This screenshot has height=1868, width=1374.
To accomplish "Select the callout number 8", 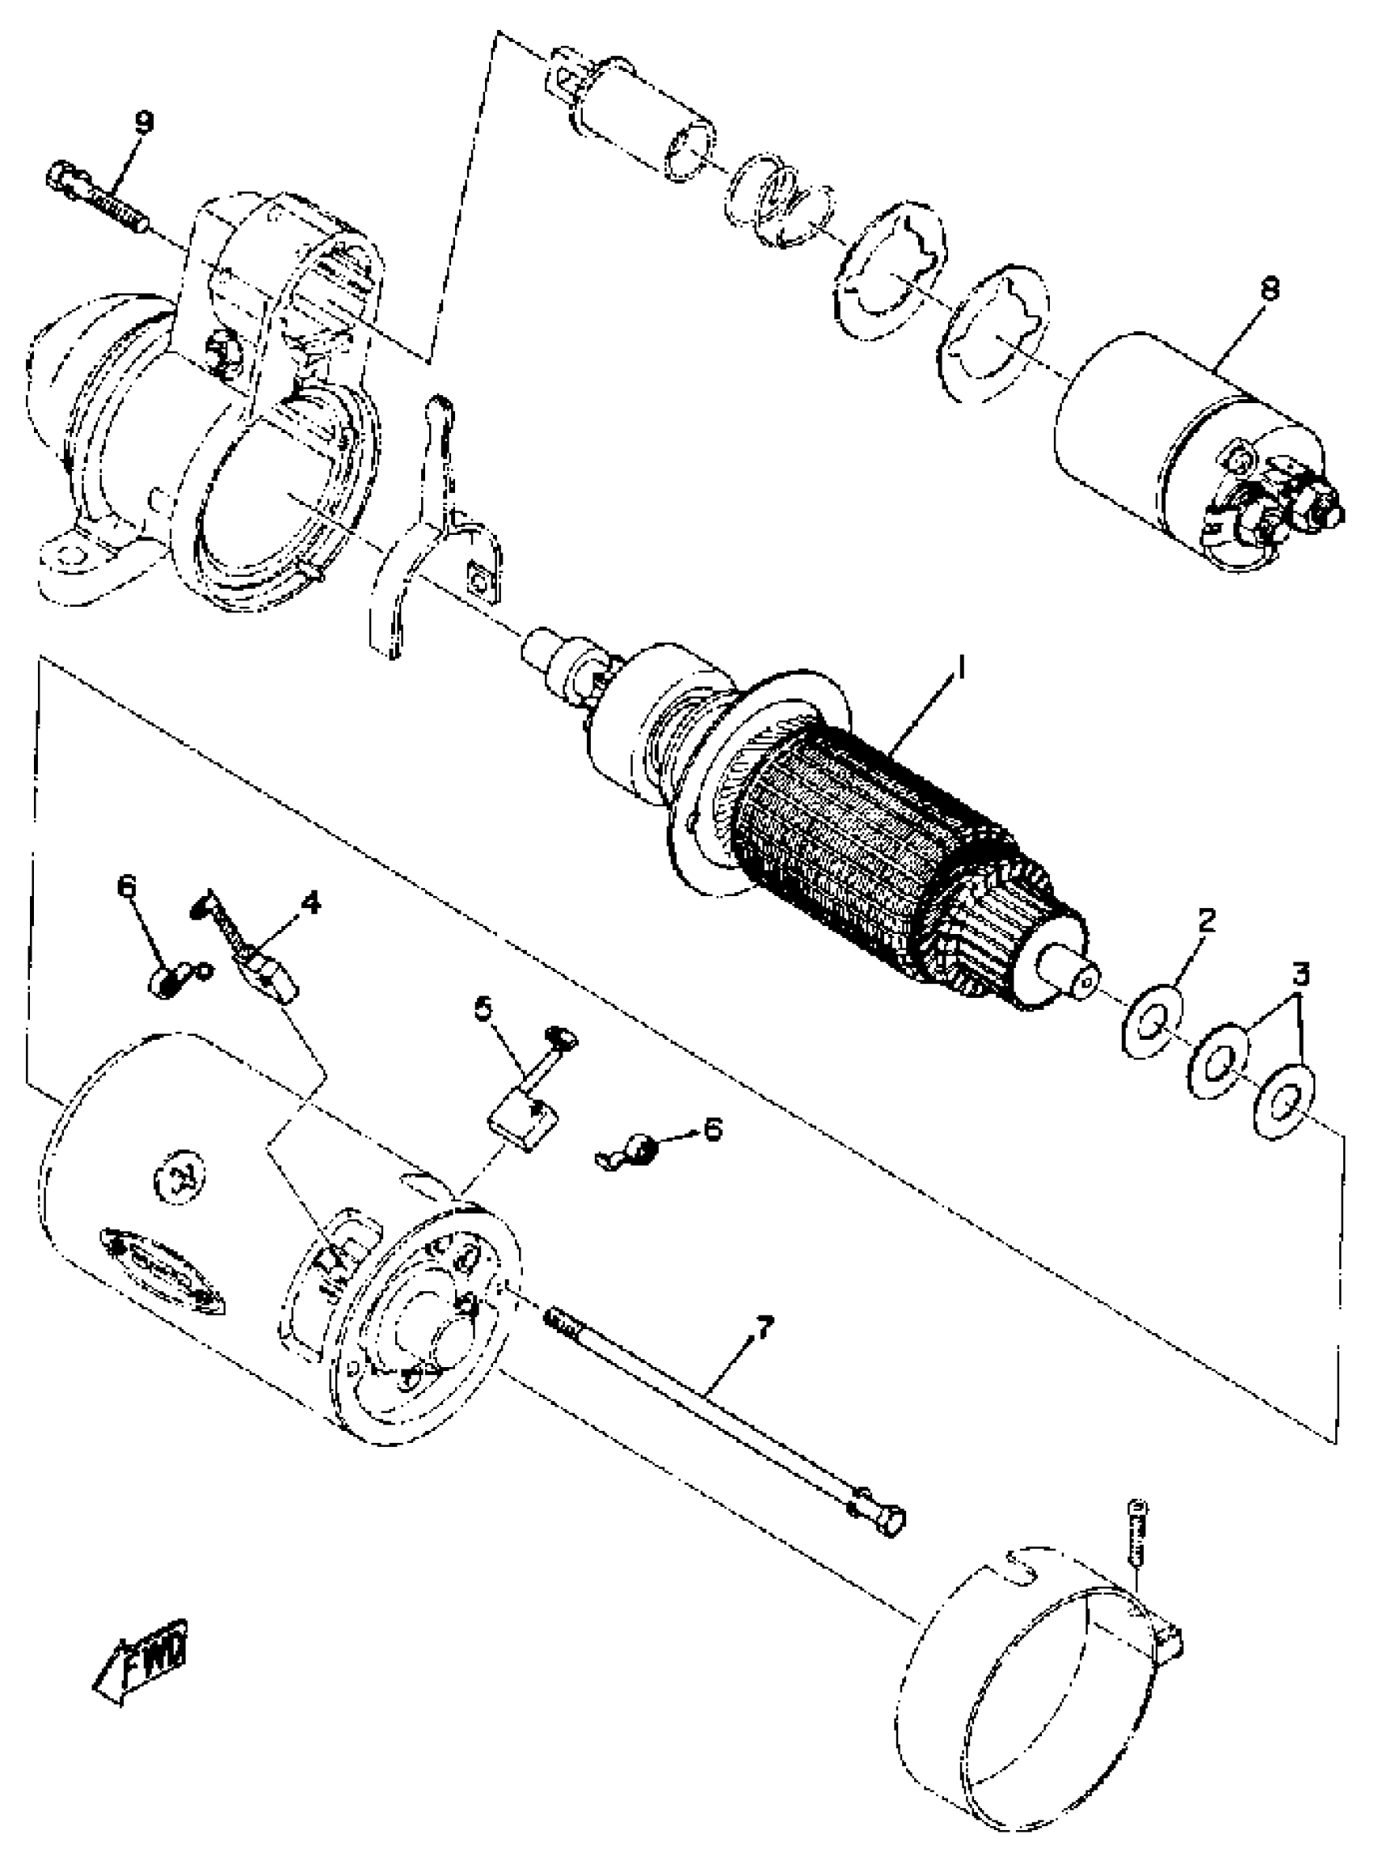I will [1269, 289].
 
